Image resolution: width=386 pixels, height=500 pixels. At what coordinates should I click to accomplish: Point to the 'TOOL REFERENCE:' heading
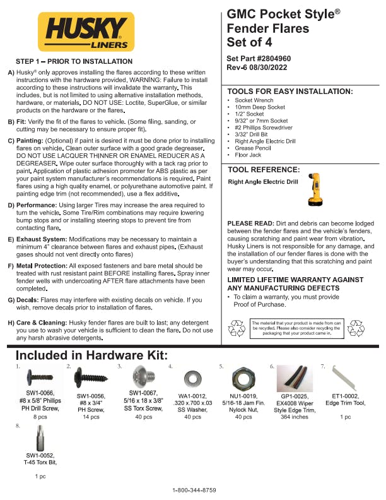click(x=263, y=170)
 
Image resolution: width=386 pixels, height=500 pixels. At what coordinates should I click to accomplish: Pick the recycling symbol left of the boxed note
click(x=237, y=327)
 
